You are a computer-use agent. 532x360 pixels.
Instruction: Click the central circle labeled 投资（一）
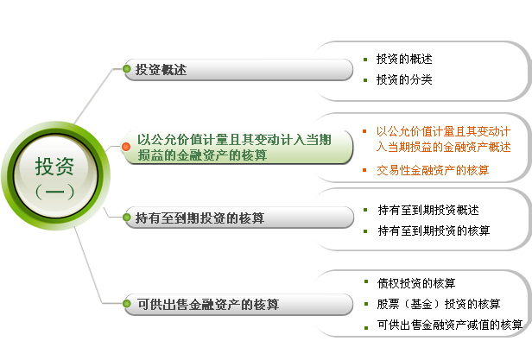click(55, 176)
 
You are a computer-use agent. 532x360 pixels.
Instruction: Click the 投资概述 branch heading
click(161, 70)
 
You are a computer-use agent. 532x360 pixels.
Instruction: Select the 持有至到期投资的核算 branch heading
click(199, 218)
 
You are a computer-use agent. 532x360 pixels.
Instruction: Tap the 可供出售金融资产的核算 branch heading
click(208, 305)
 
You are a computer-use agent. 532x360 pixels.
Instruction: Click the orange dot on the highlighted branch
click(126, 147)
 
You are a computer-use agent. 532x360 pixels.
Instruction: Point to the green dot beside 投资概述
click(127, 69)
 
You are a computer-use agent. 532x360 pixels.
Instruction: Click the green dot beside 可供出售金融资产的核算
click(127, 304)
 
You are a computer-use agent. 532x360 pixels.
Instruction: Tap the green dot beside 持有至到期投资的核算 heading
click(127, 218)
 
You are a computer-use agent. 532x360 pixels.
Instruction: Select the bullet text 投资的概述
click(404, 59)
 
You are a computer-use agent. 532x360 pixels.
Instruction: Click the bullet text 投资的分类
click(404, 79)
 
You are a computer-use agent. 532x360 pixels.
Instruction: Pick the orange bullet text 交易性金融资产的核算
click(433, 170)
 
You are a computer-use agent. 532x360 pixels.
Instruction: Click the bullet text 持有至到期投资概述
click(428, 210)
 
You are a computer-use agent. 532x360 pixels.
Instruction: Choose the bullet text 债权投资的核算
click(416, 283)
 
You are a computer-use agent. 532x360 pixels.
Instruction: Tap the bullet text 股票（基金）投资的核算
click(439, 304)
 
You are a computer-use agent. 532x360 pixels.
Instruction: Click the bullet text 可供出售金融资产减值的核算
click(450, 325)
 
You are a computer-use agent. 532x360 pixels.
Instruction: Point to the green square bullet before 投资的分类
click(365, 80)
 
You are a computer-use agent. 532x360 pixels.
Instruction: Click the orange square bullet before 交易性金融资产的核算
click(364, 170)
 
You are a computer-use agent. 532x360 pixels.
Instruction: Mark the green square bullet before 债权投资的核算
click(366, 281)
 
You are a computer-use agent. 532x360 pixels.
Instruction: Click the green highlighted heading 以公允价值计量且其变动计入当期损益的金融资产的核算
click(234, 148)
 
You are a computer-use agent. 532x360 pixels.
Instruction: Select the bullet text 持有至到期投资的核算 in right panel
click(434, 231)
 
